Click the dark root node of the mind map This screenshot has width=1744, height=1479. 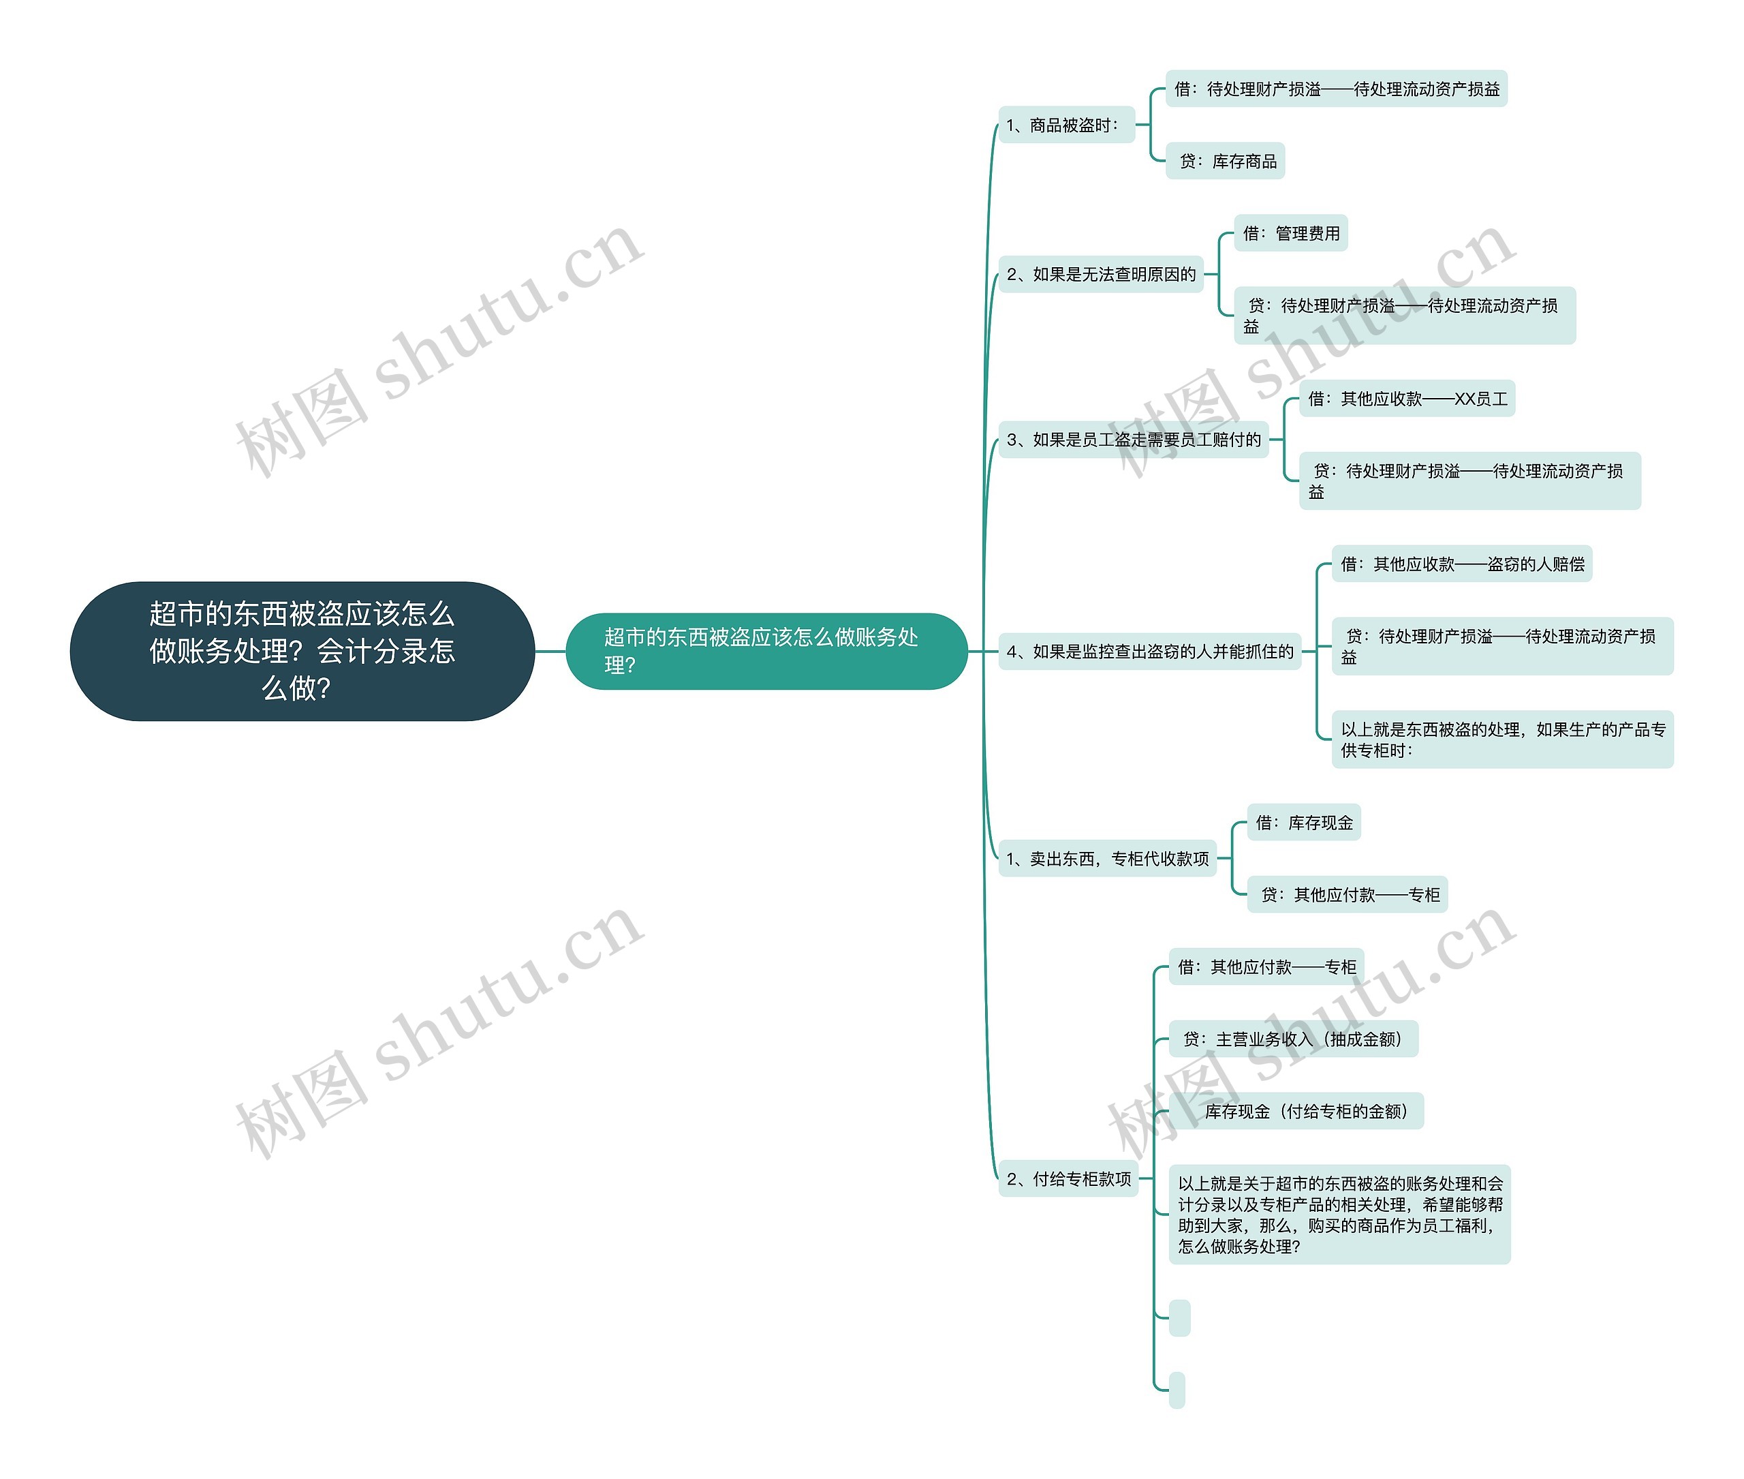pyautogui.click(x=302, y=651)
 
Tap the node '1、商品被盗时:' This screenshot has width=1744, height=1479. pyautogui.click(x=1066, y=125)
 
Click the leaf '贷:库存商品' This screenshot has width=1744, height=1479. pyautogui.click(x=1226, y=161)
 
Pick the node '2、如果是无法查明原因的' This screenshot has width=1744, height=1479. pyautogui.click(x=1100, y=274)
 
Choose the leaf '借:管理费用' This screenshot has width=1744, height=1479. pyautogui.click(x=1290, y=233)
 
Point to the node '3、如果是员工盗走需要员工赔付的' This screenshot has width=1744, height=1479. pyautogui.click(x=1133, y=440)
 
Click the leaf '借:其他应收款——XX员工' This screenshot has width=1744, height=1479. pyautogui.click(x=1407, y=398)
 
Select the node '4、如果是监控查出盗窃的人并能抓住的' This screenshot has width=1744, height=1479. pyautogui.click(x=1150, y=652)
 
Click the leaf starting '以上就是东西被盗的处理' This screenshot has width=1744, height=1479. pyautogui.click(x=1503, y=739)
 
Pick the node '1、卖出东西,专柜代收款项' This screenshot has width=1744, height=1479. pyautogui.click(x=1107, y=859)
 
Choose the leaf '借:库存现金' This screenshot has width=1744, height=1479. pyautogui.click(x=1304, y=823)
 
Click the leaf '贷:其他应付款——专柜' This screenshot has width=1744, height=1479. pyautogui.click(x=1348, y=895)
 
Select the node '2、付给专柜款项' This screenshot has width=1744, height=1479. pyautogui.click(x=1068, y=1179)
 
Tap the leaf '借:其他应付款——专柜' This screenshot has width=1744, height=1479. pyautogui.click(x=1266, y=966)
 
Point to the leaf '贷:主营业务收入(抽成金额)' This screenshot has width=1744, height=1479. pyautogui.click(x=1293, y=1039)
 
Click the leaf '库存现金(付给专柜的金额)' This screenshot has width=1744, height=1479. pyautogui.click(x=1296, y=1111)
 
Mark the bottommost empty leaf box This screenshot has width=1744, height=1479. pyautogui.click(x=1177, y=1390)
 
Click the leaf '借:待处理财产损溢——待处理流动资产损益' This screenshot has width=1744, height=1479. pyautogui.click(x=1337, y=89)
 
